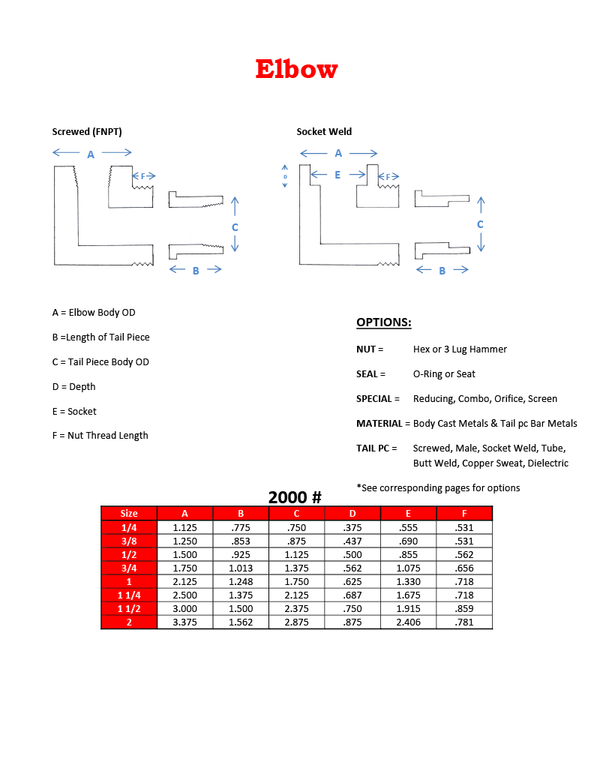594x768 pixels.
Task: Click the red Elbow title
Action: click(296, 69)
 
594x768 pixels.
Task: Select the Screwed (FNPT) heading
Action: click(87, 132)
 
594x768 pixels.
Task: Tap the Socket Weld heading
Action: click(324, 132)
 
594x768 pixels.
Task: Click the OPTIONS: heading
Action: click(383, 322)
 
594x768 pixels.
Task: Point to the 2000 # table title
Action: click(295, 497)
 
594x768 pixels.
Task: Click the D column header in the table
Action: click(352, 514)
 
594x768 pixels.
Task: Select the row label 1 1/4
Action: click(129, 595)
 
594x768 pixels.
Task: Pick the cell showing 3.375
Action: click(184, 622)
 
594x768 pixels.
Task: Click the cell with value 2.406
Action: click(408, 622)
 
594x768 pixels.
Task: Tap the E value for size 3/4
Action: click(408, 568)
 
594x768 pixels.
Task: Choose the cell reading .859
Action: click(464, 608)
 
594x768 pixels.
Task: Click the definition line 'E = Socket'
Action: click(74, 411)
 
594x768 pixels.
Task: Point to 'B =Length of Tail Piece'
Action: click(100, 337)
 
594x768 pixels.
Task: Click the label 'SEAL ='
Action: click(370, 374)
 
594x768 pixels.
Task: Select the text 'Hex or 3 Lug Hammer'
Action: click(460, 349)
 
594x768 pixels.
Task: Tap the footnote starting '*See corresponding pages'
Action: click(438, 488)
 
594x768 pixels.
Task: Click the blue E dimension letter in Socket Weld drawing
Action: click(337, 175)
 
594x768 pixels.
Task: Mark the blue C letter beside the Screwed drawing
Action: click(235, 227)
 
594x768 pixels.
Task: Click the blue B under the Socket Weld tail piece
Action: click(442, 271)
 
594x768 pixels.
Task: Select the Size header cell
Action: click(129, 514)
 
